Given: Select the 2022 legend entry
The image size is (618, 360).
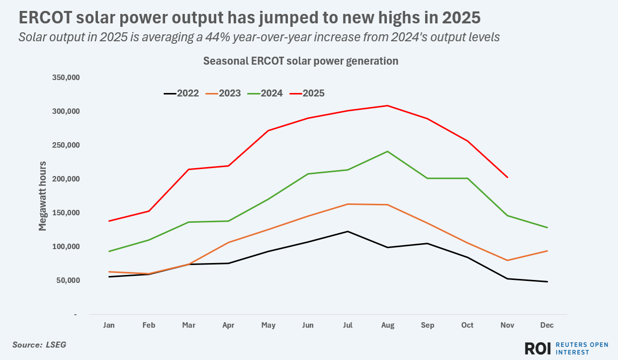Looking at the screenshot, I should point(181,93).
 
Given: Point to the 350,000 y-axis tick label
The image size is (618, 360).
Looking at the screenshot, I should point(66,78).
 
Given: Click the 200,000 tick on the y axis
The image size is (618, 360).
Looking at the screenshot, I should point(66,179).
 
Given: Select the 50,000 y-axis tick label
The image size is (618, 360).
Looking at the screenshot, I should point(67,280).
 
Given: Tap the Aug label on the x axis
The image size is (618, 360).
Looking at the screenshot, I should point(387,325).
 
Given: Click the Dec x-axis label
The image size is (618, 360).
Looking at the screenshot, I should point(547,325).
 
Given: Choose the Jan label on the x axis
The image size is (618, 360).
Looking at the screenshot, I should point(109,325).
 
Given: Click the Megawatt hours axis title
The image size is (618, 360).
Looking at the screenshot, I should point(43,196).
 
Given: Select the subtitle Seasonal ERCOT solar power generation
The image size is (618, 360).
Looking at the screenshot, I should point(300,61).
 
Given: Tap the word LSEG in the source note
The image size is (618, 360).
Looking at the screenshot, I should point(56,344).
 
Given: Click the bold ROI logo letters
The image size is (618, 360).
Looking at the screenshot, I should point(537,348).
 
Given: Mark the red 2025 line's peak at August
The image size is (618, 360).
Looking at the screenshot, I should point(387,105).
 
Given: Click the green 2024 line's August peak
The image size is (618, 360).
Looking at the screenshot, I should point(387,151).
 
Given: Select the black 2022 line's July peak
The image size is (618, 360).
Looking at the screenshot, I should point(348,231).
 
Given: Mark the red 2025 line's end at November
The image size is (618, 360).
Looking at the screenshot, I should point(507,177).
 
